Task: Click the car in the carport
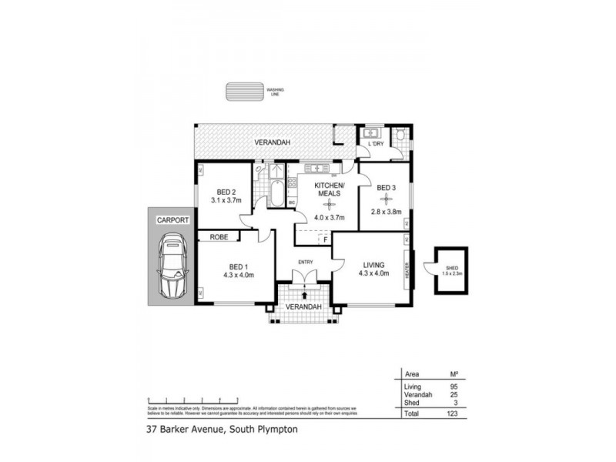(173, 264)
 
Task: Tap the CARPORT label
(173, 219)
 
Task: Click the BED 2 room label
(226, 192)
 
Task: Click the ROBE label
(219, 238)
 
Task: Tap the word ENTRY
(305, 262)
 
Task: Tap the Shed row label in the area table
(410, 401)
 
